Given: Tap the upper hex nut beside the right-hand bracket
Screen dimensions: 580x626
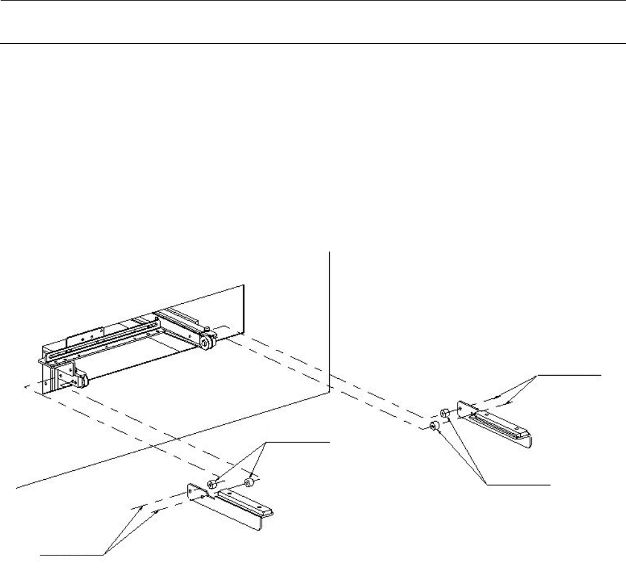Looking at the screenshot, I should pyautogui.click(x=444, y=412).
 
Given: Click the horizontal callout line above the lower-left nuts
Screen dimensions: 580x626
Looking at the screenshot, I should pyautogui.click(x=296, y=443).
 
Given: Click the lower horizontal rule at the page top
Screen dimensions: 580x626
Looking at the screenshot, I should pyautogui.click(x=313, y=44).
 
